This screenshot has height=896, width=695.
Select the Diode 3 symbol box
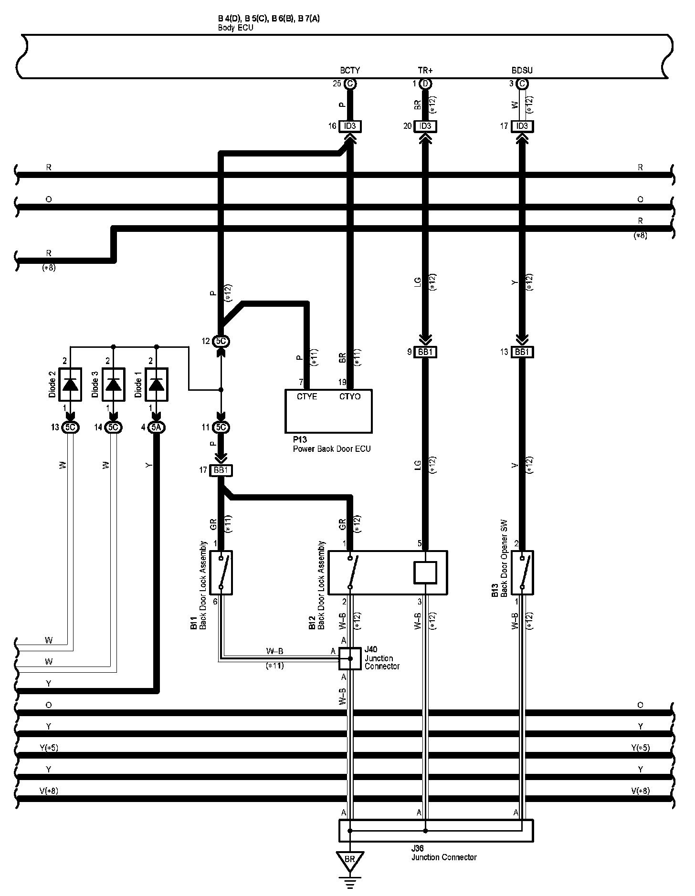[113, 384]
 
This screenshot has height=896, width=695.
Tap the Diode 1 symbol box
[156, 384]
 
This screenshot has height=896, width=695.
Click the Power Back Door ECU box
[328, 411]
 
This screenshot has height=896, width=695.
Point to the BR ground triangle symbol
[349, 859]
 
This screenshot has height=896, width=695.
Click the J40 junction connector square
[350, 658]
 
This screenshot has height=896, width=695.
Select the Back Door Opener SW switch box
[522, 573]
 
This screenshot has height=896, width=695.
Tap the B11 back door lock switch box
[221, 573]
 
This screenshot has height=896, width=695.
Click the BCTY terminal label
[350, 70]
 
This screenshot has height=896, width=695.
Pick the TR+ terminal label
[425, 70]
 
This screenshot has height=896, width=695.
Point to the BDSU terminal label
[522, 70]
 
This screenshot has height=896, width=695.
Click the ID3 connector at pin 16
[350, 126]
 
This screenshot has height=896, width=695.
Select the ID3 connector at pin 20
[425, 126]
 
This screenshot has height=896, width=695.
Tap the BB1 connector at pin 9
[425, 352]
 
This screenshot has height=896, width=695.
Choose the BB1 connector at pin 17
[221, 470]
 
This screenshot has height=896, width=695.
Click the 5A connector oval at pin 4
[156, 427]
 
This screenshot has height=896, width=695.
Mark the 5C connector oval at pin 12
[221, 341]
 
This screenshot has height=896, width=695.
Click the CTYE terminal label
[306, 396]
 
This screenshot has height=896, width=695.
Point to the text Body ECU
[235, 28]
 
